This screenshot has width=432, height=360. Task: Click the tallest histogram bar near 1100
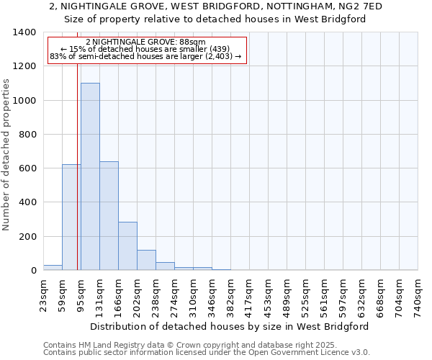(90, 176)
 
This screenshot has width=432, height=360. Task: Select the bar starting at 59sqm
(71, 217)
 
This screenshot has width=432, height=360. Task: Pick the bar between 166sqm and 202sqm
(127, 246)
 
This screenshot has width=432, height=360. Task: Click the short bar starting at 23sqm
(53, 267)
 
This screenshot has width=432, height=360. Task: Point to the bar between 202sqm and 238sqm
(146, 260)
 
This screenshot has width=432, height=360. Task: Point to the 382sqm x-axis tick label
(230, 295)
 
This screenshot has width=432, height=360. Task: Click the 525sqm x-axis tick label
(305, 295)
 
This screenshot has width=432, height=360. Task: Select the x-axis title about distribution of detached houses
(230, 326)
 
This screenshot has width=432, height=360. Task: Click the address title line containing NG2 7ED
(216, 6)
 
